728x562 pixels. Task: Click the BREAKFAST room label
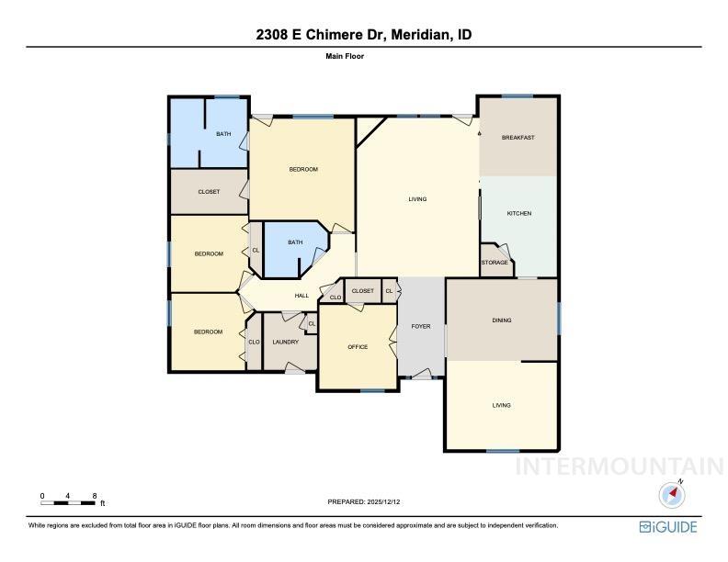(518, 138)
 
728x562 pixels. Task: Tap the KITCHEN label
(519, 214)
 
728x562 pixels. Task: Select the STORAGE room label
(495, 263)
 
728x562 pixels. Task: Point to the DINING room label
(501, 320)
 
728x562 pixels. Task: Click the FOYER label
(420, 326)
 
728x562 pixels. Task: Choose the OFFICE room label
(358, 347)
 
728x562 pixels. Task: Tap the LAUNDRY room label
(285, 343)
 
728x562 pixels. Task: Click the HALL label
(301, 296)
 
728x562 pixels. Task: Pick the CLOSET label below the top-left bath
(209, 192)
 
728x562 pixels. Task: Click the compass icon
(673, 495)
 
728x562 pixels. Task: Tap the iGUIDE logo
(668, 527)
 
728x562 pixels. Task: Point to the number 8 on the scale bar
(95, 496)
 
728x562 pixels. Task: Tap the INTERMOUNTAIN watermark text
(620, 466)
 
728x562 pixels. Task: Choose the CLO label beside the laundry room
(254, 343)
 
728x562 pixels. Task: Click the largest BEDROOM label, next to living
(303, 169)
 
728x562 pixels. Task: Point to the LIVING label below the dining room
(501, 405)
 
